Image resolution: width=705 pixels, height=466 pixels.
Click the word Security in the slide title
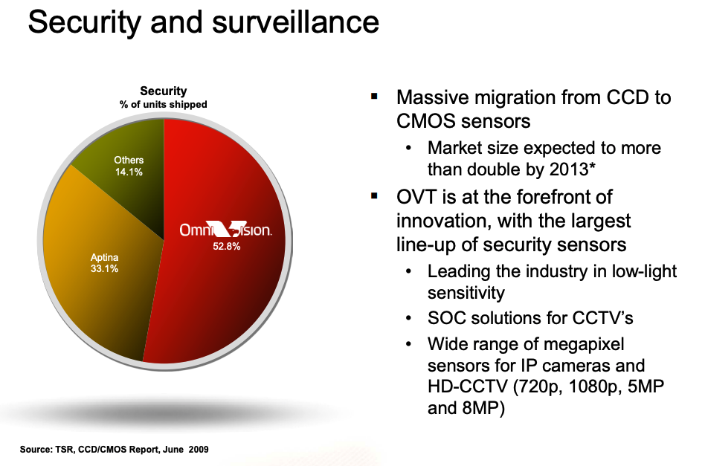click(x=85, y=23)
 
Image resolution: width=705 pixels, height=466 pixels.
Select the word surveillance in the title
click(x=295, y=22)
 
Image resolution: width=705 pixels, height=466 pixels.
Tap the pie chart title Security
click(x=163, y=91)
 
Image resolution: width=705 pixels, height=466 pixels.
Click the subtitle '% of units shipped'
click(x=163, y=104)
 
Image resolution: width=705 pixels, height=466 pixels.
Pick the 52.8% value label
click(x=227, y=246)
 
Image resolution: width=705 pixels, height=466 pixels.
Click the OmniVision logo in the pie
click(x=226, y=229)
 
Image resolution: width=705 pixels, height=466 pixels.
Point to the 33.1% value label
click(x=104, y=269)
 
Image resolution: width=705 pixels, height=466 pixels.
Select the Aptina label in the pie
click(x=104, y=257)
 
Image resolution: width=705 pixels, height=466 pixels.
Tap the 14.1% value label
click(x=129, y=172)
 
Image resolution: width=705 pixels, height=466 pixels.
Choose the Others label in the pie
click(x=129, y=160)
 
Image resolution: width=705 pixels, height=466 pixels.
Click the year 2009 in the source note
click(x=199, y=450)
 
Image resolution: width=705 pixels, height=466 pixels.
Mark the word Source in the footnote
click(x=36, y=450)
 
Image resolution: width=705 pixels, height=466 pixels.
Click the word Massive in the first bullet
click(x=431, y=97)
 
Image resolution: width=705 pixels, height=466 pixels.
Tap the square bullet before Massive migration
click(x=374, y=96)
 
